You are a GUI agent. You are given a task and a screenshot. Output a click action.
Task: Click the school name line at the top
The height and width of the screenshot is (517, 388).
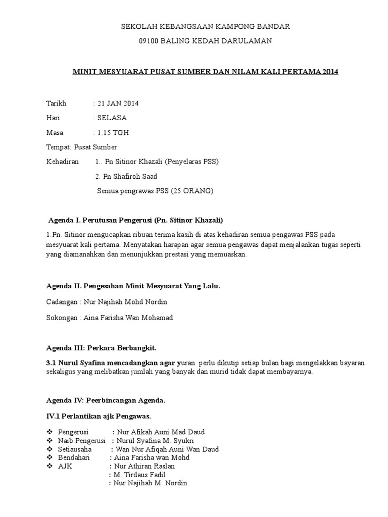205,26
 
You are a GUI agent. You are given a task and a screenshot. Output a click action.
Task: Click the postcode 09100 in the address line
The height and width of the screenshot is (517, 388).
149,41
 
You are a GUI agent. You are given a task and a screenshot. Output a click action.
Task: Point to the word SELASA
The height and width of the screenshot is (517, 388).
113,118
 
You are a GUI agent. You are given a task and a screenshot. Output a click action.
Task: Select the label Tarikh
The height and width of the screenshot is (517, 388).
56,104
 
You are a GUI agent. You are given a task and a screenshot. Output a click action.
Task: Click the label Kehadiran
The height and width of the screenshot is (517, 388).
63,162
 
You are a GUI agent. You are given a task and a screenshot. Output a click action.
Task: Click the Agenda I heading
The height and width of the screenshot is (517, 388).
135,221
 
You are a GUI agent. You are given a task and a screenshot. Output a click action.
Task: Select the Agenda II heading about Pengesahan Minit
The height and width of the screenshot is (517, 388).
133,286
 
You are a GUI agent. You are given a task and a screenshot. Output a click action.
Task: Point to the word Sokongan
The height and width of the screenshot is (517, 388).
61,317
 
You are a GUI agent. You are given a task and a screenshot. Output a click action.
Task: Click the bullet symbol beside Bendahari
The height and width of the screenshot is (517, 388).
50,457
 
